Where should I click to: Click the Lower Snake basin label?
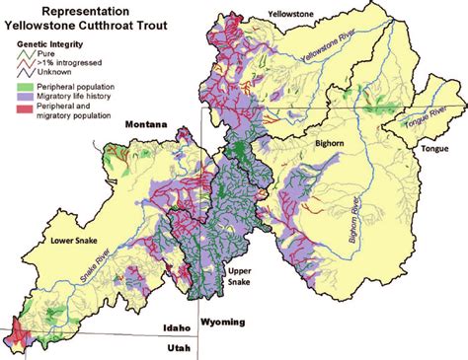point(56,239)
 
